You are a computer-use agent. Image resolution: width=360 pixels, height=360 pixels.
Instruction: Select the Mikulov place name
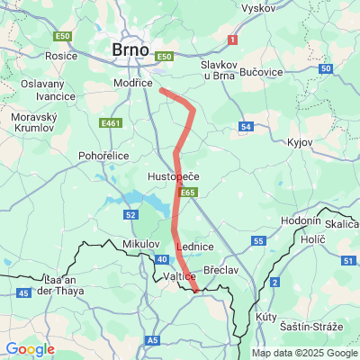point(139,244)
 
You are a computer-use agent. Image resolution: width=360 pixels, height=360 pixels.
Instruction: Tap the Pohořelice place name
point(106,155)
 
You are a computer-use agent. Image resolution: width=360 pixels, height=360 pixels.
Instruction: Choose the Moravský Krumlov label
point(33,123)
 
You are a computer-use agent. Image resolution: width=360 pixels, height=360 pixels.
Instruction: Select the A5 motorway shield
point(152,340)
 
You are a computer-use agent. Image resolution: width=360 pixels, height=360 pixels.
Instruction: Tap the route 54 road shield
point(247,126)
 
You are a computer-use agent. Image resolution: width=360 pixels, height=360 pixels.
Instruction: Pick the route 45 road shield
point(22,292)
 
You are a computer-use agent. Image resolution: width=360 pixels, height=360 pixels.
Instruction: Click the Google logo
point(30,349)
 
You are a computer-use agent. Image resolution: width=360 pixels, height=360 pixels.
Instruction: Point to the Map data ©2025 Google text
point(303,353)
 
